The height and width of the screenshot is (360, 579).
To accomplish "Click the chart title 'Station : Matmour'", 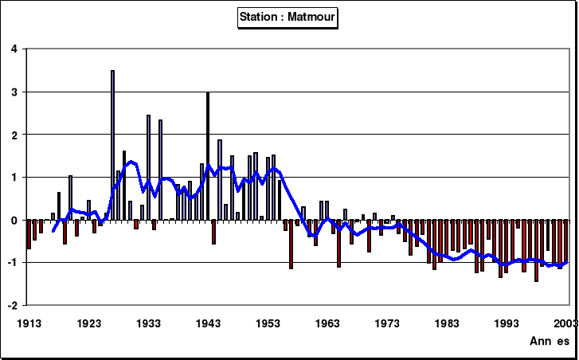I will point(288,17).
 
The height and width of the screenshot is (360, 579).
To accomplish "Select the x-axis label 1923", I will point(89,323).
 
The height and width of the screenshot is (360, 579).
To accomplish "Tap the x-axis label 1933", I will point(149,323).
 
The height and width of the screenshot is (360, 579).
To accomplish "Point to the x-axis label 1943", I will point(209,323).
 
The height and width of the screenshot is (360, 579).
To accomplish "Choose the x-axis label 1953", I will point(268,323).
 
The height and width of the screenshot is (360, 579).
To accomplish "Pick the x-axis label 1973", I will point(388,323).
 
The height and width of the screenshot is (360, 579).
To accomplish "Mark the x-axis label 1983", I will point(448,323).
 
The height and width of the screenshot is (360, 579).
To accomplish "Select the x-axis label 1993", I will point(507,323).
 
